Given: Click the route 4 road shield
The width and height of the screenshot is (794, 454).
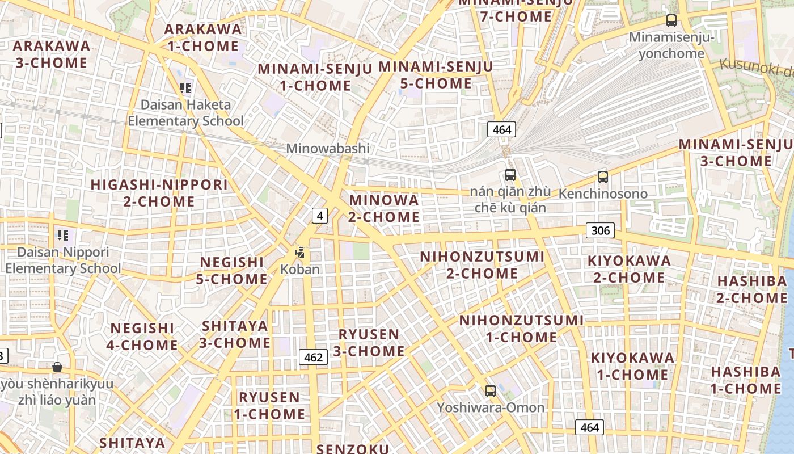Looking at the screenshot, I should coord(320,216).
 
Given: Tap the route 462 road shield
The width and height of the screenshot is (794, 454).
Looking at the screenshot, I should coord(313,357).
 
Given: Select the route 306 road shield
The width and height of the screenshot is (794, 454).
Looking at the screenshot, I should coord(600,230).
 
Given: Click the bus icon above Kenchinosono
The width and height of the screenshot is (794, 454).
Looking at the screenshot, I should coord(602,177).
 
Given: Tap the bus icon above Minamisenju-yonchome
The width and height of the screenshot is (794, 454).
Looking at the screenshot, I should coord(671,21).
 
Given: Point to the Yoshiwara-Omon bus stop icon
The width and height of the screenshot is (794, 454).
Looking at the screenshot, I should coord(491,391).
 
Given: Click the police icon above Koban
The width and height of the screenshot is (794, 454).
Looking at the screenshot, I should coord(300,253).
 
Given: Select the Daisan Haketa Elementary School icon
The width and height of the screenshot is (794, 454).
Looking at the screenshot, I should coord(185,88).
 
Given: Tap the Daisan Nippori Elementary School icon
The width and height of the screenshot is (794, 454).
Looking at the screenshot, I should coord(62,235).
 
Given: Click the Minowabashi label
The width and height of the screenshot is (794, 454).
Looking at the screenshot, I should coord(327,149).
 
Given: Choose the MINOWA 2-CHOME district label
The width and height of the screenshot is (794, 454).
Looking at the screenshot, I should coord(384,208).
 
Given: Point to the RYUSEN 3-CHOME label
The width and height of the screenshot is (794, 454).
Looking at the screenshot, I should coord(369,343).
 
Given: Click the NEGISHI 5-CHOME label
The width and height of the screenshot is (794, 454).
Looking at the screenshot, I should coord(232,271).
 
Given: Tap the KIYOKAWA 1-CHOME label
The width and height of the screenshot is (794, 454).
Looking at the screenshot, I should coord(632,366).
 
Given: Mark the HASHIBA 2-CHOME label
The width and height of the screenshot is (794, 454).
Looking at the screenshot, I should coord(752,289).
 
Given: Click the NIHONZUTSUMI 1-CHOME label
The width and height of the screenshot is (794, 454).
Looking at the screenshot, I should coord(521,329).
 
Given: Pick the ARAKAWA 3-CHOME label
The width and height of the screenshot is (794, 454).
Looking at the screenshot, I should coord(52,54).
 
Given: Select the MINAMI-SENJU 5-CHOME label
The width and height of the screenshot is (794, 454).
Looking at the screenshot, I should coord(436,75).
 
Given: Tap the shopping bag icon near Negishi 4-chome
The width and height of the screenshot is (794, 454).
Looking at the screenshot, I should coord(57,367).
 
